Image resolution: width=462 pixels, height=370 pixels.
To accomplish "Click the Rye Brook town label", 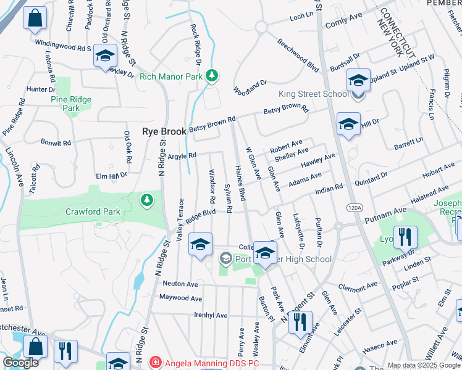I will pyautogui.click(x=164, y=131).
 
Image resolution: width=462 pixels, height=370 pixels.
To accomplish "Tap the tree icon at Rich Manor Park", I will pyautogui.click(x=212, y=76).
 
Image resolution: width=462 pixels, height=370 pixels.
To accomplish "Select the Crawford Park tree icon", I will pyautogui.click(x=146, y=199).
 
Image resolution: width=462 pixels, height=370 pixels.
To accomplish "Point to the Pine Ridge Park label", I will pyautogui.click(x=71, y=104).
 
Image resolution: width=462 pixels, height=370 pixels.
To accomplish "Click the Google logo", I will pyautogui.click(x=20, y=363).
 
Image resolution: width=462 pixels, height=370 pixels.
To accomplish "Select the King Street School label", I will pyautogui.click(x=314, y=94).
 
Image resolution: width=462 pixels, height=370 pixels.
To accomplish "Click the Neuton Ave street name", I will pyautogui.click(x=180, y=284).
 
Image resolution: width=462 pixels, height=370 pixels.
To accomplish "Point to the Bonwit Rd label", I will pyautogui.click(x=56, y=142).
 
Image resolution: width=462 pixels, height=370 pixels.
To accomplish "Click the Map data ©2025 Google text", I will pyautogui.click(x=423, y=365).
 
